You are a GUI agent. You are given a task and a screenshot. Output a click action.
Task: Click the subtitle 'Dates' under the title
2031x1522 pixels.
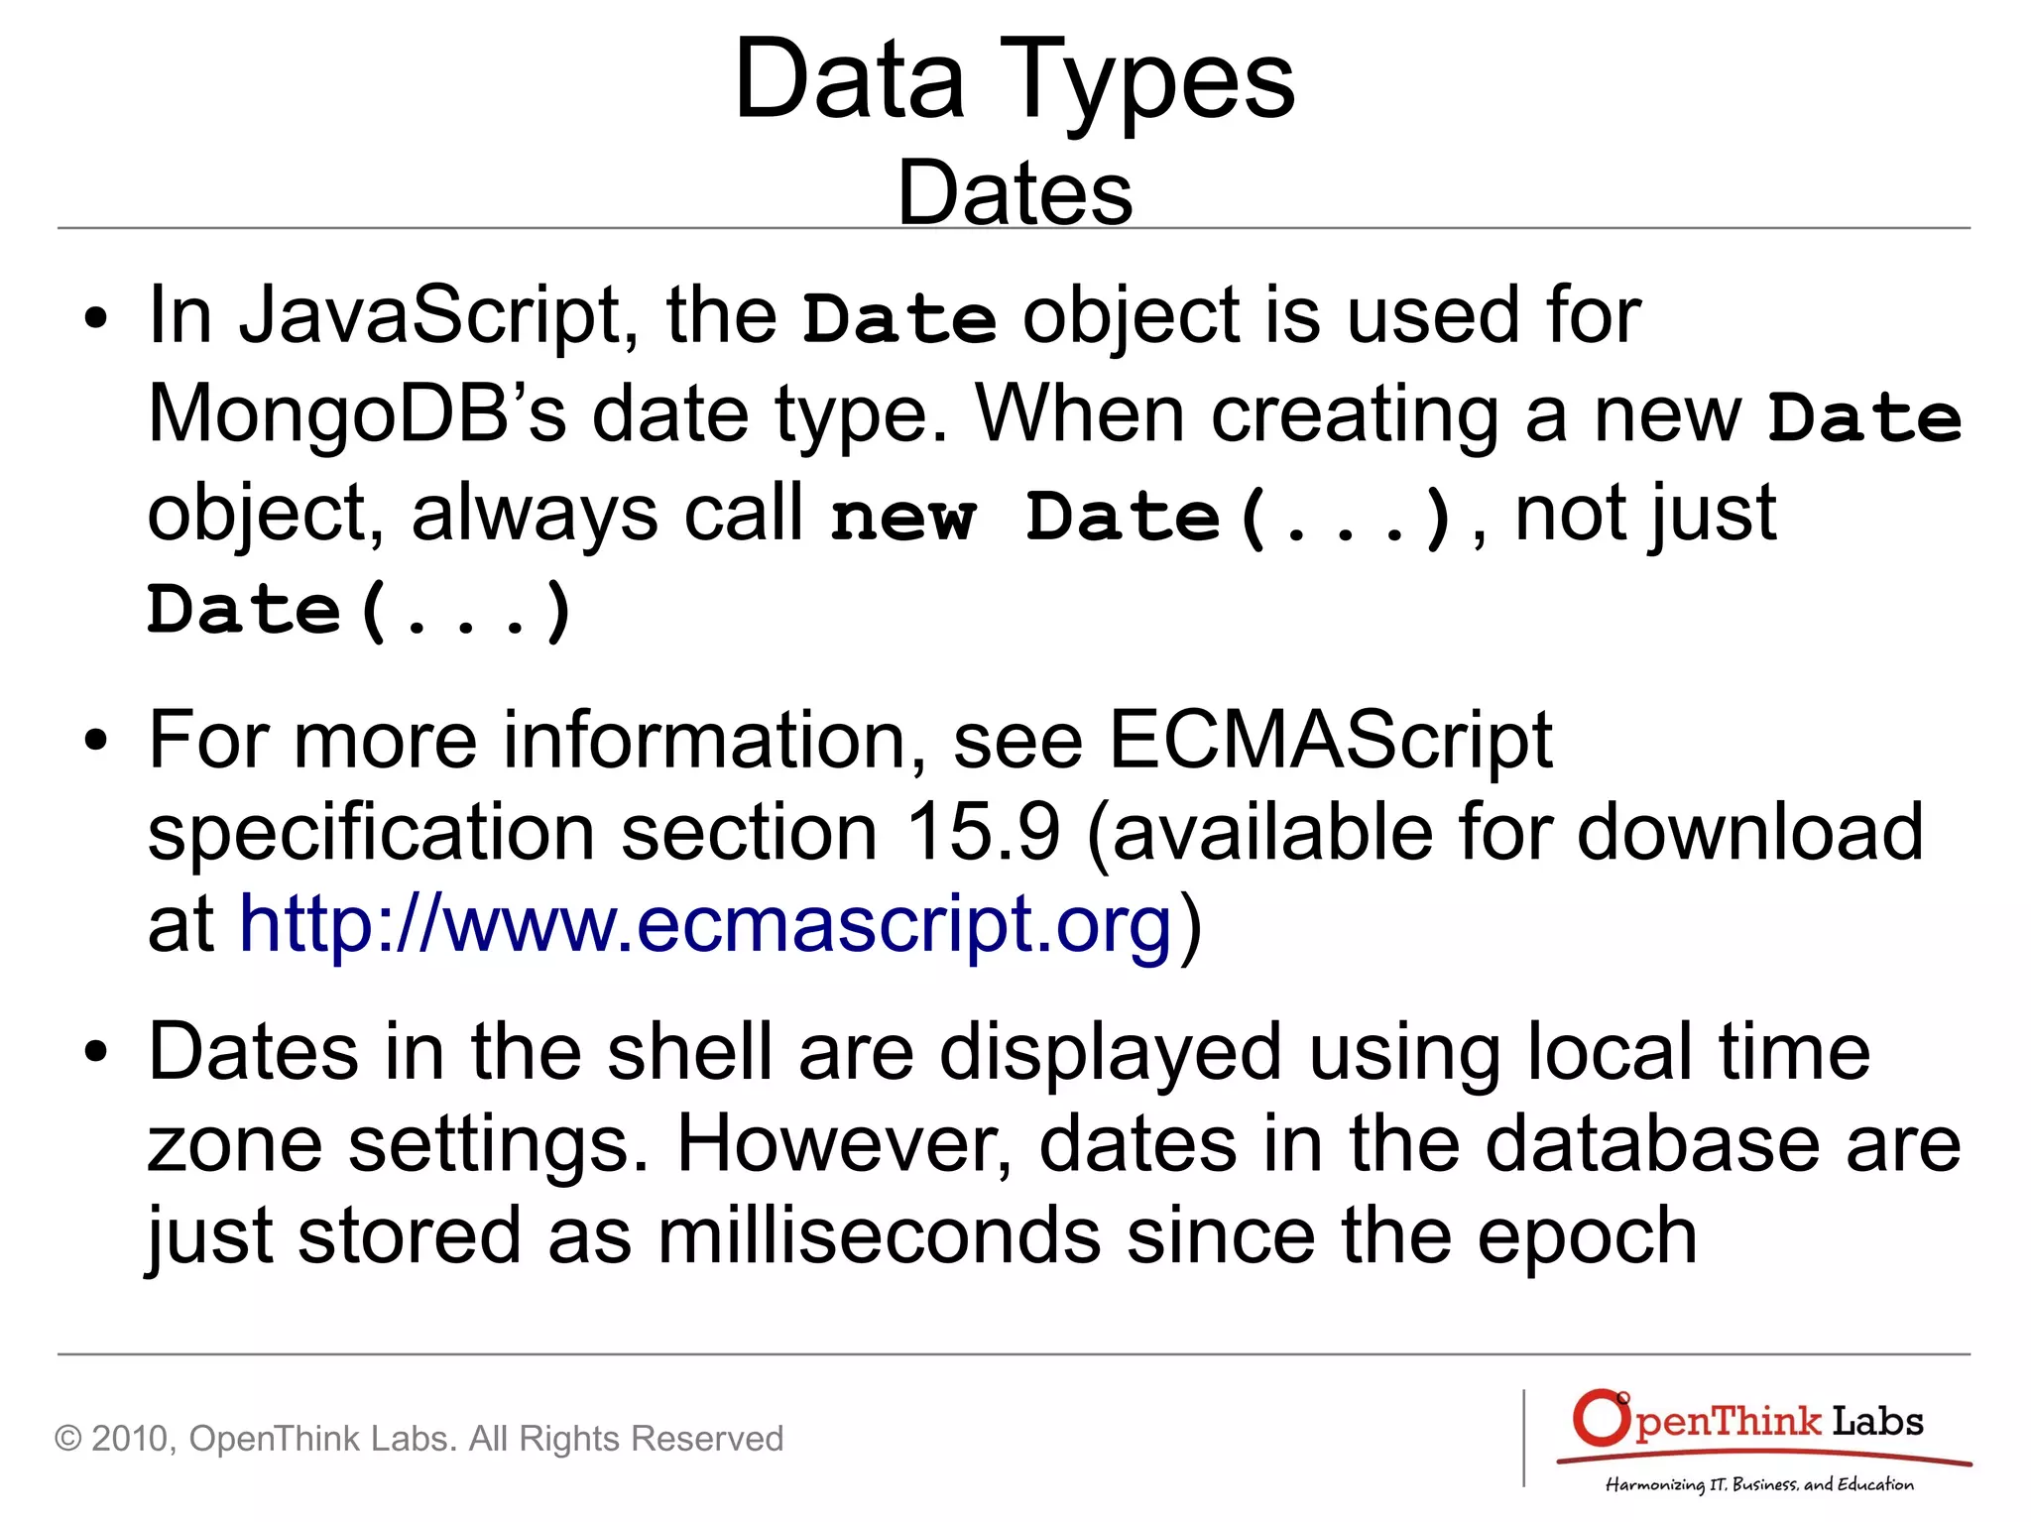pos(1015,192)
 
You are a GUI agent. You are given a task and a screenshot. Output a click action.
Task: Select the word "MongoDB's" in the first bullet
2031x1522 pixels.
pos(357,414)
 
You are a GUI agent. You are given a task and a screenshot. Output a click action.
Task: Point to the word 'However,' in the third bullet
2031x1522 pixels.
pos(844,1143)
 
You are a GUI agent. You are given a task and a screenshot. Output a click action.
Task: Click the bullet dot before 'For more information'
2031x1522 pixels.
pos(95,741)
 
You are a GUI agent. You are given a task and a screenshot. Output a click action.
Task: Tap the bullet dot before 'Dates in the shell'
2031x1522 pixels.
pos(95,1053)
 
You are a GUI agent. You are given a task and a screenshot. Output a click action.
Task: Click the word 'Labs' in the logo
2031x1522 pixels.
pos(1876,1421)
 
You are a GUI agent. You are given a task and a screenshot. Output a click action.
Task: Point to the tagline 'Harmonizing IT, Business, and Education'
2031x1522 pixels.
pos(1759,1484)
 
